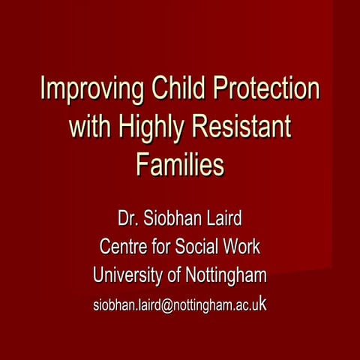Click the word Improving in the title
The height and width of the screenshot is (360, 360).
coord(83,89)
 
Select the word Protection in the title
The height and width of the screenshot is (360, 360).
coord(265,89)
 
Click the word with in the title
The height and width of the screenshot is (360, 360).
coord(89,127)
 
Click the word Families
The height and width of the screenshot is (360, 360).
coord(180,163)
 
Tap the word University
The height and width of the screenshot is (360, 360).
coord(128,276)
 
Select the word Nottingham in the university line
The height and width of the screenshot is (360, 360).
coord(225,276)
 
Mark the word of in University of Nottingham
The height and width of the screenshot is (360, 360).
coord(174,276)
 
